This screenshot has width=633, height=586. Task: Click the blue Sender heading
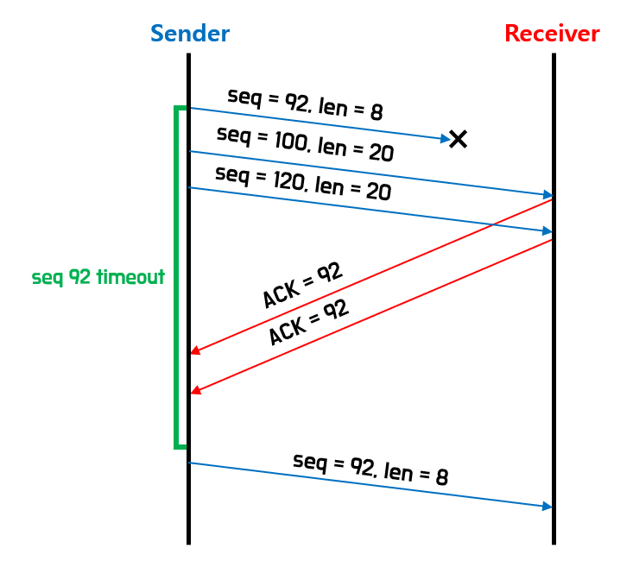190,34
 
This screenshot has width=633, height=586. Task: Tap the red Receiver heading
552,34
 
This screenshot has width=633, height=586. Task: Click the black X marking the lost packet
458,138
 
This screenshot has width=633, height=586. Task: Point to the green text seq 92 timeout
98,277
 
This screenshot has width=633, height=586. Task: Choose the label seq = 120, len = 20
303,183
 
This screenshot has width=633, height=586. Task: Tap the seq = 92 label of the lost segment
305,103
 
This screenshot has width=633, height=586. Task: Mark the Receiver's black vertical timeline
553,388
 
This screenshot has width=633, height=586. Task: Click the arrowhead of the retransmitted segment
547,507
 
